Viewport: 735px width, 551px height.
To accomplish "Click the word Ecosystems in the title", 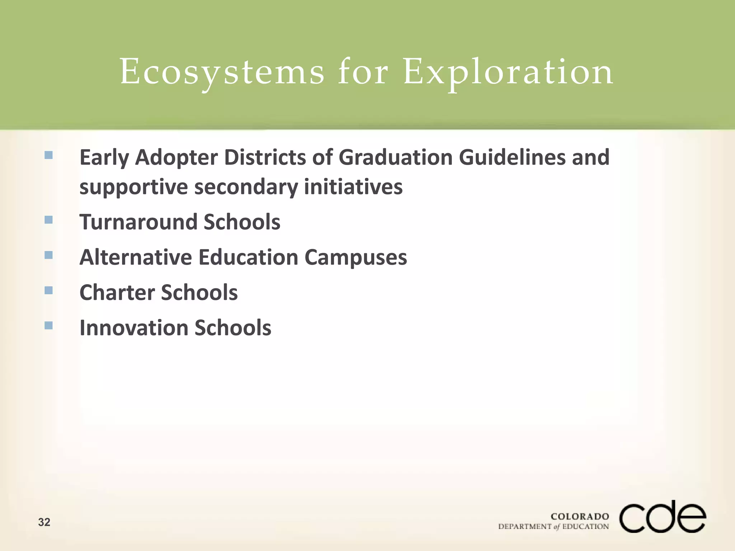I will click(x=222, y=72).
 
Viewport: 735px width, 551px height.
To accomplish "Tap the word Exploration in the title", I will click(x=508, y=72).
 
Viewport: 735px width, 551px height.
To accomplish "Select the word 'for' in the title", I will click(x=363, y=72).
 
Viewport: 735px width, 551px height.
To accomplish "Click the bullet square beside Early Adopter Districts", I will click(x=48, y=155).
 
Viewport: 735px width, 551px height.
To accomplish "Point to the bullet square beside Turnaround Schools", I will click(x=48, y=220).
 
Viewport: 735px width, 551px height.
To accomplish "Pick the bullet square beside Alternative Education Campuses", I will click(x=48, y=255).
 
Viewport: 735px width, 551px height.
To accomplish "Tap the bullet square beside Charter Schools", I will click(x=48, y=290).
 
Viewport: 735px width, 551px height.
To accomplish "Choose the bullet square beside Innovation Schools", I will click(x=48, y=325).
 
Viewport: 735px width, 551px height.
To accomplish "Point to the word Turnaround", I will click(x=138, y=222).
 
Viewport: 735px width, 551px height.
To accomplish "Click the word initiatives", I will click(x=353, y=187).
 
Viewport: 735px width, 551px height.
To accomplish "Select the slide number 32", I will click(x=44, y=522).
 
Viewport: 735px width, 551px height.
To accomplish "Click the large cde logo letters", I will click(x=663, y=517).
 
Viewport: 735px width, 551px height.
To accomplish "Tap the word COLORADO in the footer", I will click(x=580, y=517).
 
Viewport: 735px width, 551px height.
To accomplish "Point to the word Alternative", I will click(x=136, y=258).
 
